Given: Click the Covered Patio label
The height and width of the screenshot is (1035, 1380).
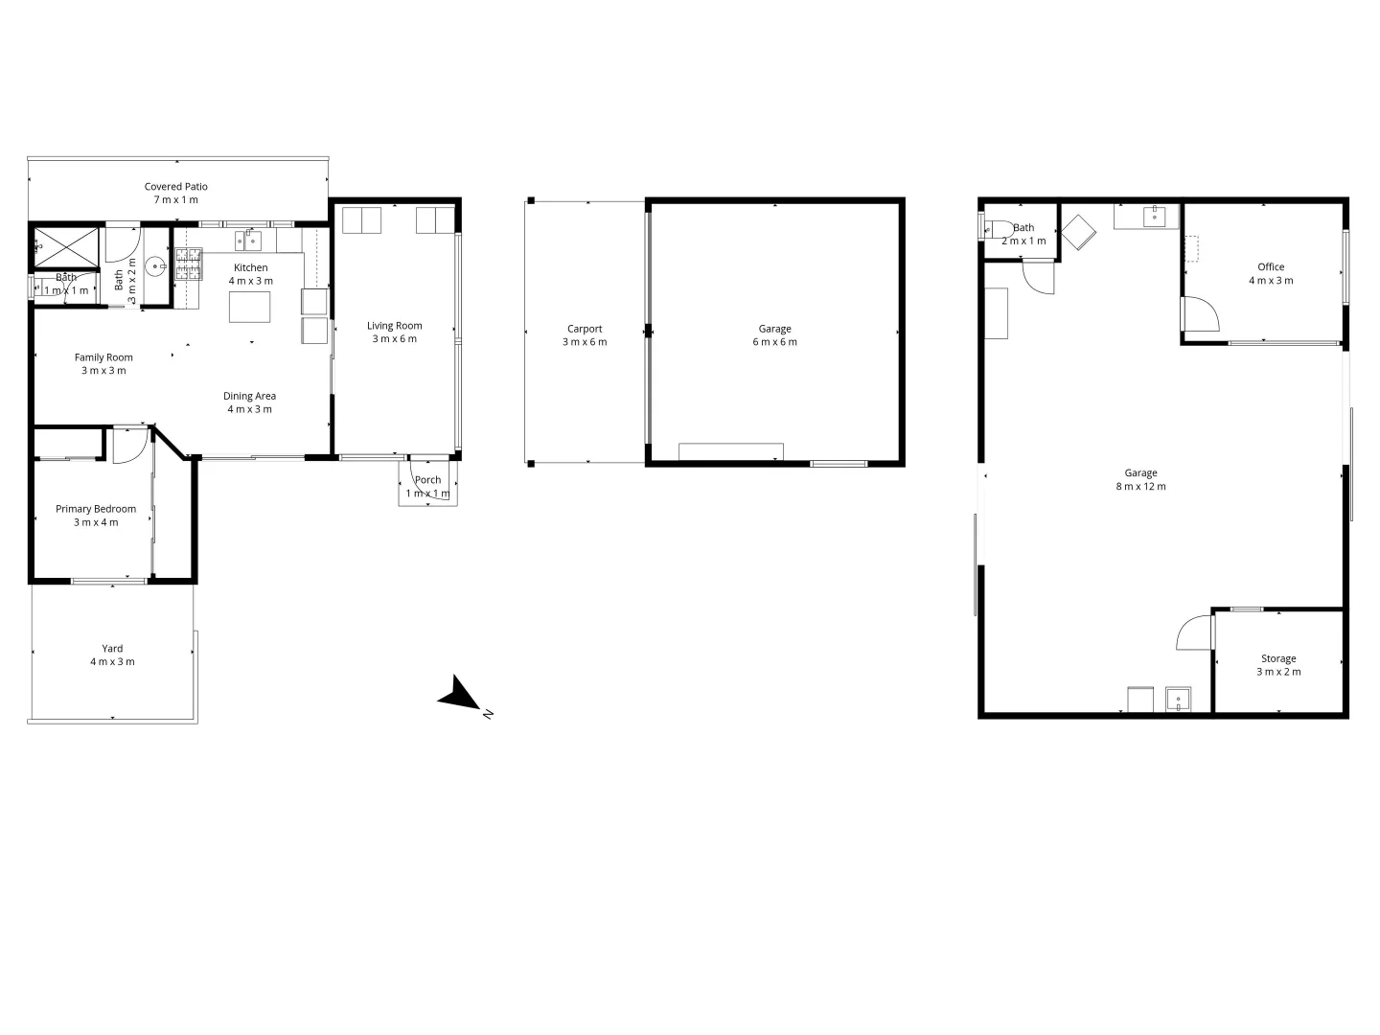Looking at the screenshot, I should pos(175,193).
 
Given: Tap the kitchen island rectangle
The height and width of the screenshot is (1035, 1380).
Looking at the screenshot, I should pos(249,307).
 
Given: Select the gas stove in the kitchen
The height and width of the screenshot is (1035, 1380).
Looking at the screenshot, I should pos(188,264).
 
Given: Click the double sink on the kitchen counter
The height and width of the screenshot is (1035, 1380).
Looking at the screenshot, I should pos(248,240).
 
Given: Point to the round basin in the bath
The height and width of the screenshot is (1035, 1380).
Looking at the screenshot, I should pos(157,265).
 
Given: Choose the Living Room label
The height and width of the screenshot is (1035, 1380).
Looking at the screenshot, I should pos(394,332).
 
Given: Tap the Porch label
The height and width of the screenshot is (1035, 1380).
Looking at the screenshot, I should pos(427,486).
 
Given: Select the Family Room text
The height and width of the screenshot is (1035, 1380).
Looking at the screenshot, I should pos(103,363).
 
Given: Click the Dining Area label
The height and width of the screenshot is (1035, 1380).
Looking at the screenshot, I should pos(249,402).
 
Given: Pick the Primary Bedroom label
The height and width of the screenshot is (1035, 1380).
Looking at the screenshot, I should pos(96,516).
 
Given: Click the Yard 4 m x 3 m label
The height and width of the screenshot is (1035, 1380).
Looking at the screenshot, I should pos(112,655).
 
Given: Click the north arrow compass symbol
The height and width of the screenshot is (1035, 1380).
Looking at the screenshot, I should pos(461,695).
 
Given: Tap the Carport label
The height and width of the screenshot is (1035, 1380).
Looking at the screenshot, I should pos(585,334).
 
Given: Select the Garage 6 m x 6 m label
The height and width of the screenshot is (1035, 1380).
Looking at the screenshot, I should pos(774,334).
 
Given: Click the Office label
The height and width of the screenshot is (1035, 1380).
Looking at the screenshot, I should pos(1271,273).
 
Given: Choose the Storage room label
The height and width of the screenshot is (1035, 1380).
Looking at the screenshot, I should pos(1278,665).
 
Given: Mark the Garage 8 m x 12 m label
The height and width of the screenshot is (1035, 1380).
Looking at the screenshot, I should pos(1140,479).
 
